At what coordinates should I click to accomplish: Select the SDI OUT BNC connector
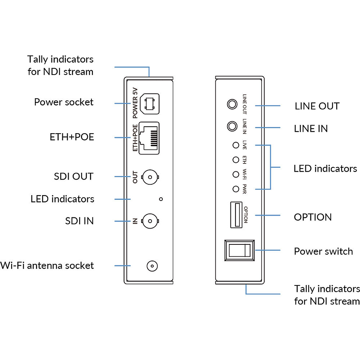point(151,177)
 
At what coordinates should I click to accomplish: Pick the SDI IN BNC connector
point(151,221)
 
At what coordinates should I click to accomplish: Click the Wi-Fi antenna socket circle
point(152,266)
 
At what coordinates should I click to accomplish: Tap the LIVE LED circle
point(236,145)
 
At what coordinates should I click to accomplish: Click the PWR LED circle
point(236,189)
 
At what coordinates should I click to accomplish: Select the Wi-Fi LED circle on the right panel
point(236,174)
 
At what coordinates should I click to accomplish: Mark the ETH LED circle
point(236,159)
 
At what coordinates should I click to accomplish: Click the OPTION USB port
point(236,215)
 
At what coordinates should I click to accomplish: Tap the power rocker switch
point(239,250)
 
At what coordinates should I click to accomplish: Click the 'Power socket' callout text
point(64,102)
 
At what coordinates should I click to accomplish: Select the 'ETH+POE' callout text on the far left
point(72,137)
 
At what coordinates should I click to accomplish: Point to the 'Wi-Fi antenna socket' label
point(47,266)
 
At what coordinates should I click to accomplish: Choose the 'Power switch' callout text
point(323,251)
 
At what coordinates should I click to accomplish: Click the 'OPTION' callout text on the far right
point(313,217)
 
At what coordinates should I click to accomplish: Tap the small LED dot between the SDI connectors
point(161,199)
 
